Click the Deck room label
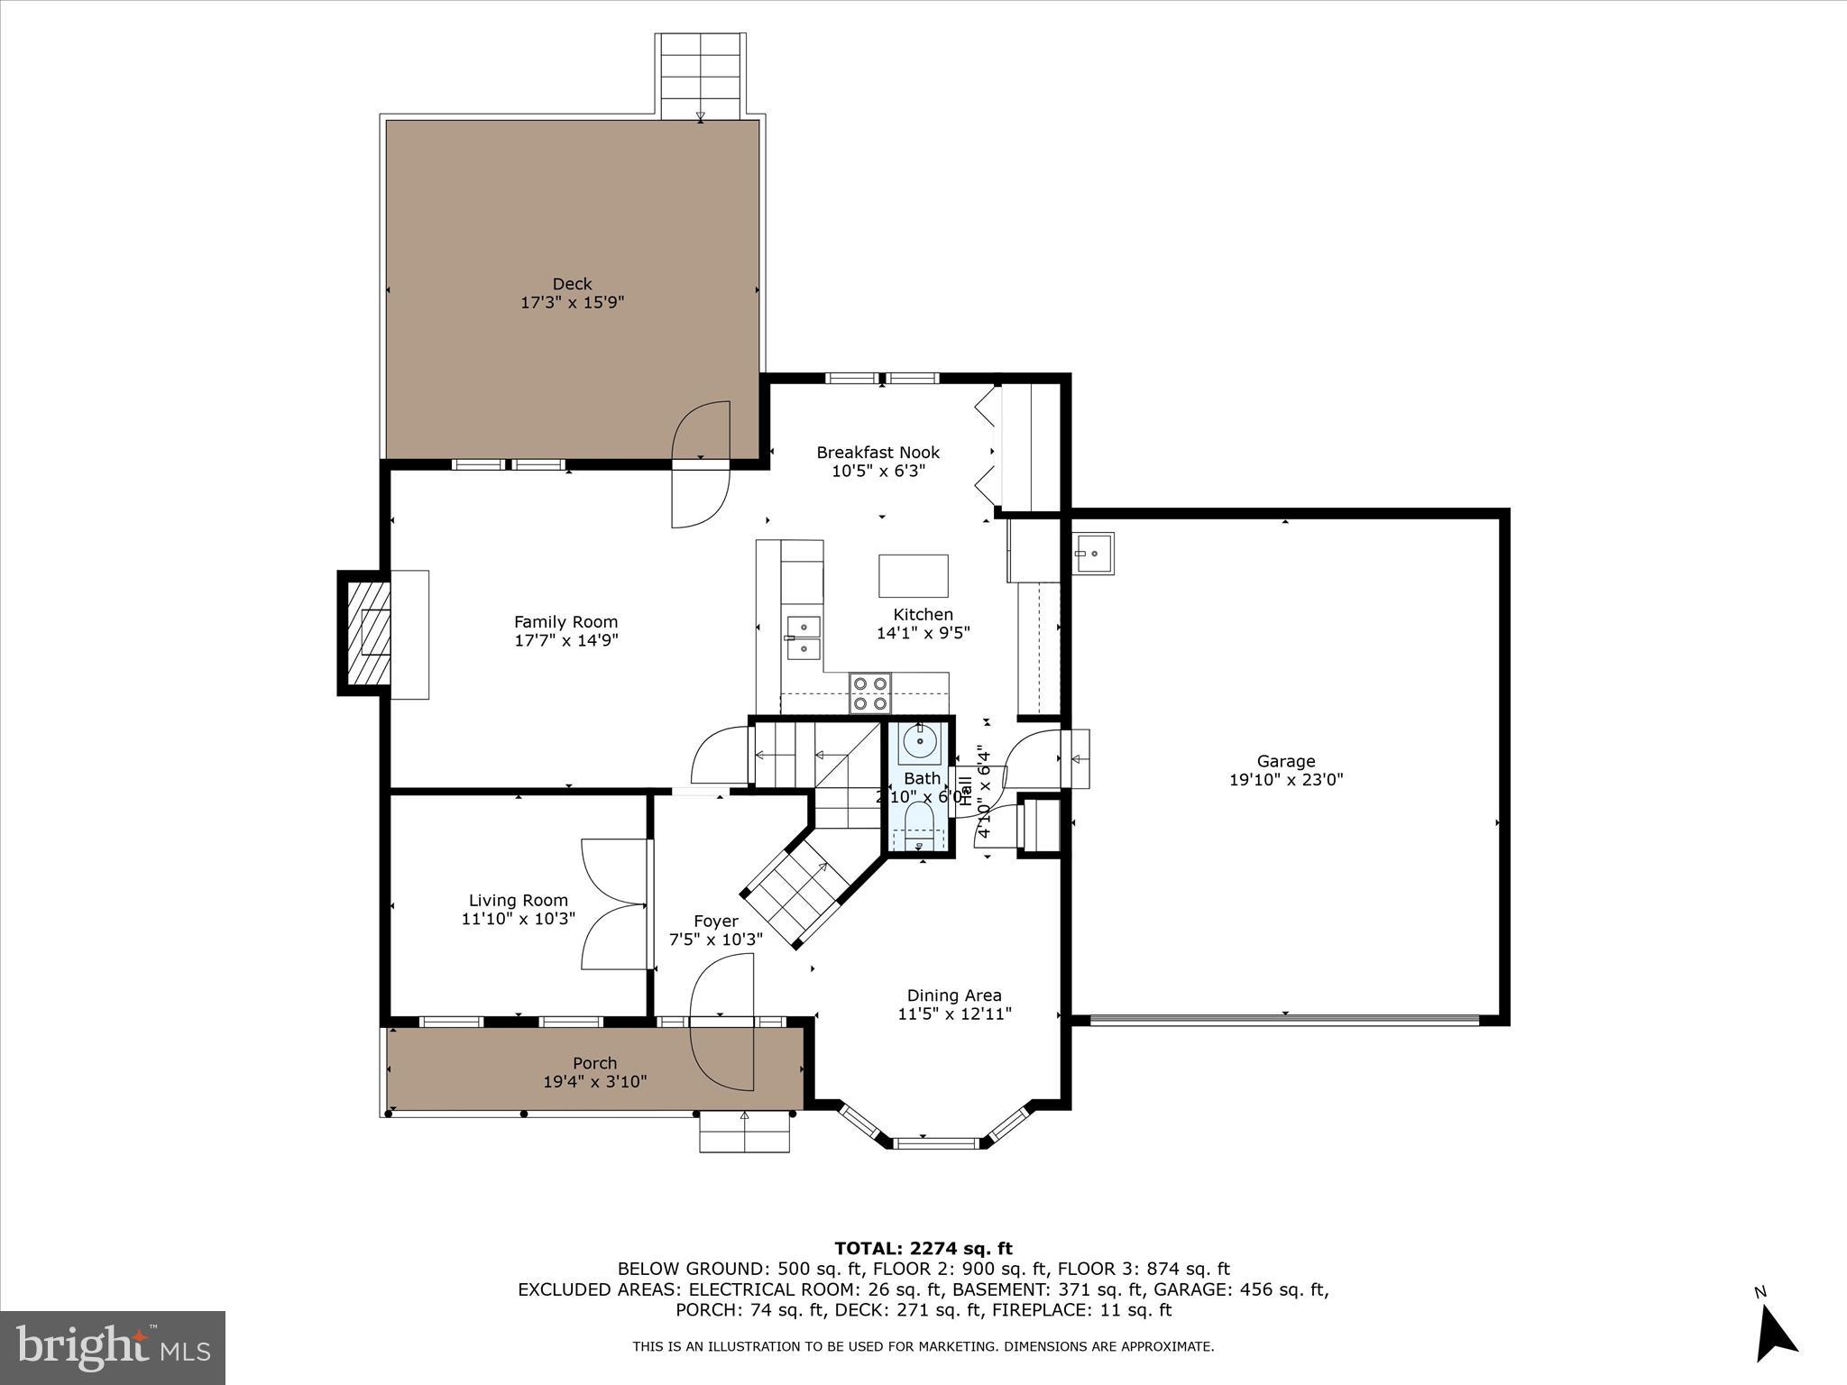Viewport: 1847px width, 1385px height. coord(572,284)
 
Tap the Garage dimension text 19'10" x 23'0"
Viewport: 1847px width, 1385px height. coord(1286,780)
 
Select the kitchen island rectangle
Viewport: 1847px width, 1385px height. coord(913,575)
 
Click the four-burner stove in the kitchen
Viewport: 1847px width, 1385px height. coord(870,693)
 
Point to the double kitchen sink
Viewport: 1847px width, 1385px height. coord(803,637)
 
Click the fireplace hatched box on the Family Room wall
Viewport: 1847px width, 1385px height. coord(364,632)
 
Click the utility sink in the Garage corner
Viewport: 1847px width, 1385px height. coord(1093,554)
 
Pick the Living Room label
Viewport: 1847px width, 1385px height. coord(519,900)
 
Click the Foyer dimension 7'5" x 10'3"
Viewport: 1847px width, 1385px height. coord(715,940)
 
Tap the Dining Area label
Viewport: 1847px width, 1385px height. coord(954,995)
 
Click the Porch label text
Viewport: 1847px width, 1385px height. coord(594,1063)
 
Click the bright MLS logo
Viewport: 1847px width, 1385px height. coord(113,1347)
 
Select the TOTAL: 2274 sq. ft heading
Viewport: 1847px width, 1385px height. coord(923,1249)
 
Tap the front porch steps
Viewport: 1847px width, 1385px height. coord(745,1132)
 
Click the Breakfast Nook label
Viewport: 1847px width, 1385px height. coord(878,453)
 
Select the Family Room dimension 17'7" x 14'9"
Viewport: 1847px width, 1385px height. coord(565,641)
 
